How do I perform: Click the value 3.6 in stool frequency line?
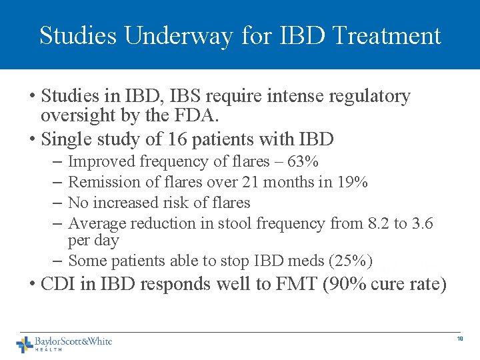(421, 223)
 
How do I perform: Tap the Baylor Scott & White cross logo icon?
(25, 344)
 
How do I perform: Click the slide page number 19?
(459, 339)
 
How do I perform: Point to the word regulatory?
(371, 97)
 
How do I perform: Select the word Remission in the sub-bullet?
(99, 182)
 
